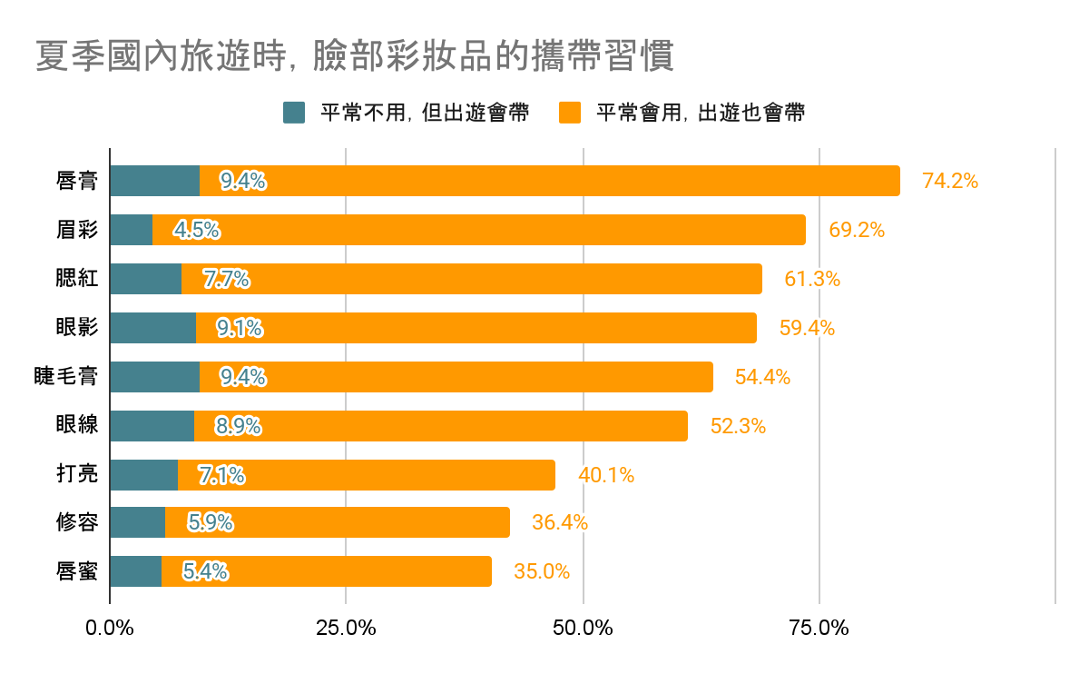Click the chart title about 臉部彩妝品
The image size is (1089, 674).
pos(355,56)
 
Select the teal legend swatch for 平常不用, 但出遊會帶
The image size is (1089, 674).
pos(295,113)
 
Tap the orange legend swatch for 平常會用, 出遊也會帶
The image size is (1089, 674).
pos(570,113)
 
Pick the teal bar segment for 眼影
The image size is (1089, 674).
pos(152,328)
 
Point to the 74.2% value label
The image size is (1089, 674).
pos(949,181)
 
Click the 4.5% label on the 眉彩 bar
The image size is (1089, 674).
pos(197,230)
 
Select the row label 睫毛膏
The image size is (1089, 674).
pos(65,376)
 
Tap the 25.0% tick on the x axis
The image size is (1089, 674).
pos(346,628)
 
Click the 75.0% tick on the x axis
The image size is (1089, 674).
pos(819,628)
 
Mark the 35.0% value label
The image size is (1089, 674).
pos(542,571)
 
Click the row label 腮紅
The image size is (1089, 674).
pos(76,279)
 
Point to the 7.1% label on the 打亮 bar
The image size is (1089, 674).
pos(221,474)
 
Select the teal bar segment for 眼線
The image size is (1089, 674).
pos(152,425)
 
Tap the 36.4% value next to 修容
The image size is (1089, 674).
pos(560,523)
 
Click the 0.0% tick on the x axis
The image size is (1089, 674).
pos(110,628)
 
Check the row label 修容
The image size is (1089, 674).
pos(76,523)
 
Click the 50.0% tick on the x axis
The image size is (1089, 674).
pos(583,628)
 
